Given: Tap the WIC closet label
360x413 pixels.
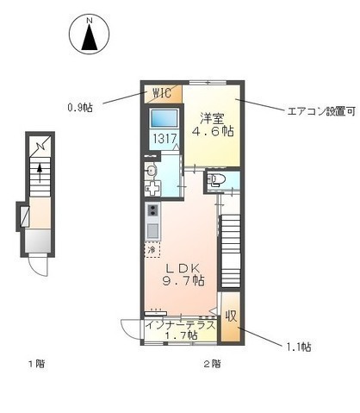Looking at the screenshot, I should click(x=164, y=93).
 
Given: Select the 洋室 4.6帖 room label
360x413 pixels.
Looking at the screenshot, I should click(x=215, y=127).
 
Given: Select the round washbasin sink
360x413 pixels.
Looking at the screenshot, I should click(x=151, y=169).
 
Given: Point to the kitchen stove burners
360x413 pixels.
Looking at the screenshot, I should click(x=153, y=211).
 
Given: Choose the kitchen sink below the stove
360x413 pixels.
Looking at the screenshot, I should click(x=153, y=231).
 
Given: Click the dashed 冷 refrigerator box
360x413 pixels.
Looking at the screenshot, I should click(x=152, y=250).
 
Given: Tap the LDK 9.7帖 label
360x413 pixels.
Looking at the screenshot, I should click(x=185, y=274).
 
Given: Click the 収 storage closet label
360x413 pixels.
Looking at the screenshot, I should click(x=231, y=316).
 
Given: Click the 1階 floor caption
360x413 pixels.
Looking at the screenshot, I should click(x=35, y=363).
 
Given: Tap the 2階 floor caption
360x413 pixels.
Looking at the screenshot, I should click(x=213, y=363).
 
